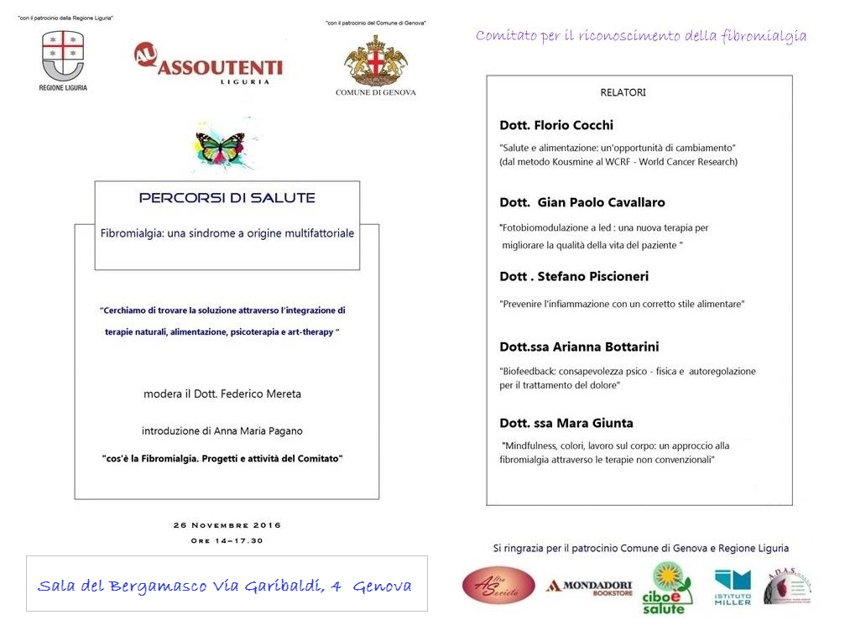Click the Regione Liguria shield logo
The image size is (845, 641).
63,56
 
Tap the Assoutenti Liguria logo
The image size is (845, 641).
208,64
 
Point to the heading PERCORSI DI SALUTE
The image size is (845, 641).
227,198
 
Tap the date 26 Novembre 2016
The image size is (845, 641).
227,525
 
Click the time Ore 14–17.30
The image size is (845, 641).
227,540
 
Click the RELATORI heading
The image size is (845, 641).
623,92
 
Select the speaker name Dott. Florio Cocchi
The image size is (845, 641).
556,125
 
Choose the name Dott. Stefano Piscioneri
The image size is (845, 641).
574,276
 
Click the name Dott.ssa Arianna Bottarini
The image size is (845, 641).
580,347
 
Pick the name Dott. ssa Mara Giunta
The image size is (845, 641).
566,423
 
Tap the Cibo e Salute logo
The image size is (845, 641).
667,587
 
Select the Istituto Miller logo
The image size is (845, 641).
733,586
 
